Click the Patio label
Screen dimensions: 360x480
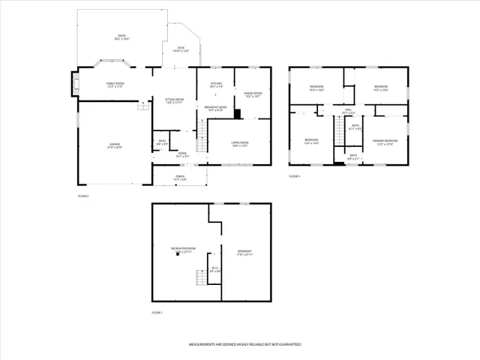click(121, 38)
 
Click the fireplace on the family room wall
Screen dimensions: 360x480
click(73, 84)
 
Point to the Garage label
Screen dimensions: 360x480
click(115, 145)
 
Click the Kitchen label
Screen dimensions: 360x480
click(216, 85)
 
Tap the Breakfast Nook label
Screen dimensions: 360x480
click(216, 109)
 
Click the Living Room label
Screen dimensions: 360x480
click(240, 143)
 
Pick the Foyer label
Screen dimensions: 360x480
click(181, 155)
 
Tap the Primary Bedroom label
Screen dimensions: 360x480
click(386, 142)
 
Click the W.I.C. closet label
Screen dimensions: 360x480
click(214, 269)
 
